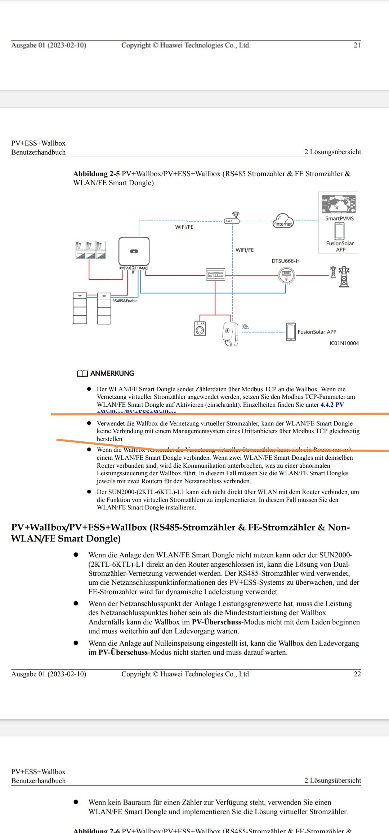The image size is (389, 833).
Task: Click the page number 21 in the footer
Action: point(357,45)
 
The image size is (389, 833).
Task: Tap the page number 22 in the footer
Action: point(357,674)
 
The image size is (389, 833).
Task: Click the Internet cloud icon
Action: point(283,220)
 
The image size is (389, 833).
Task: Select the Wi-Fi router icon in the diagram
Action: point(232,219)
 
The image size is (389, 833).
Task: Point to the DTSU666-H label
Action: point(285,261)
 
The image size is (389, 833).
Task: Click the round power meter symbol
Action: point(286,276)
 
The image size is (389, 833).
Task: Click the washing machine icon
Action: point(200,329)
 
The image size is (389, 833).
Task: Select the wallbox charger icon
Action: point(230,334)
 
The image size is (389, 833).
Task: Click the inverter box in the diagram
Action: point(134,251)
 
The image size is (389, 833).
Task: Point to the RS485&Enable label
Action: point(125,301)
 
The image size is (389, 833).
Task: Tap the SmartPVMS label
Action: point(339,218)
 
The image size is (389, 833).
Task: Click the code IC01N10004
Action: point(344,343)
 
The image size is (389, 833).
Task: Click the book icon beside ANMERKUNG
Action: point(82,374)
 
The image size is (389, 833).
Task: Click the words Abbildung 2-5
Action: point(96,174)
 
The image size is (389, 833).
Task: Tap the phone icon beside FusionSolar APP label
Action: point(291,332)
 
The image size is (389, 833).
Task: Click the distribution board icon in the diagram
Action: point(215,275)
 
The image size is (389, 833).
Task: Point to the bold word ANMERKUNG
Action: point(112,373)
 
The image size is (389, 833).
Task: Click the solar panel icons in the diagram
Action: point(91,250)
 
